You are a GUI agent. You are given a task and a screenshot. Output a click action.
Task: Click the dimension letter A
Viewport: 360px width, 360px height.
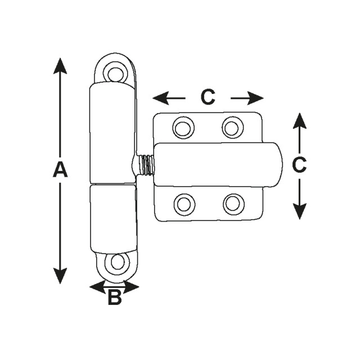[60, 169]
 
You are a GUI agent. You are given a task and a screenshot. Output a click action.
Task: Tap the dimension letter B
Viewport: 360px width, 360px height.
[115, 297]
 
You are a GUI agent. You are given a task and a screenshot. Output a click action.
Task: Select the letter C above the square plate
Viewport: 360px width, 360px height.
[208, 97]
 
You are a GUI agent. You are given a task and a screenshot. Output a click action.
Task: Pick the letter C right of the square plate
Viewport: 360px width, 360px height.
[299, 165]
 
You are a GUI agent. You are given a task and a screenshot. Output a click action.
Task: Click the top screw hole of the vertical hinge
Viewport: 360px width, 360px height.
[115, 73]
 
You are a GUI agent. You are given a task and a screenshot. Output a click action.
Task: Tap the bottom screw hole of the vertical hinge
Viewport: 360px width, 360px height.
[118, 262]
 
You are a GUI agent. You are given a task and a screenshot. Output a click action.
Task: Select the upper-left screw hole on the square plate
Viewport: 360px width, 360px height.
[184, 128]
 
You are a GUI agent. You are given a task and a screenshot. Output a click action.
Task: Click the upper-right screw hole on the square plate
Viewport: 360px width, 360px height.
[232, 127]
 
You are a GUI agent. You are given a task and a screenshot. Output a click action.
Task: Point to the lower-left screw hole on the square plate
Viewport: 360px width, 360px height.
[184, 204]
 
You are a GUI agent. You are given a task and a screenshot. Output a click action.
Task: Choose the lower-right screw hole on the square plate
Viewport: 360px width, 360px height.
[234, 204]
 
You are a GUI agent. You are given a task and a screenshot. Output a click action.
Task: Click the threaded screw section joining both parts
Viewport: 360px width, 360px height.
[146, 165]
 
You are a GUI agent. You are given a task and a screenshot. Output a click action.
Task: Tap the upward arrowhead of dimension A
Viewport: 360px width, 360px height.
[60, 66]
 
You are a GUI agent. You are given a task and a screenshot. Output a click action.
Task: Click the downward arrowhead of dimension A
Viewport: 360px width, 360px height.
[60, 276]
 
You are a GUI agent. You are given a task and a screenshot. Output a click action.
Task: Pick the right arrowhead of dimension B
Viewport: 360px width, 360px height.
[131, 287]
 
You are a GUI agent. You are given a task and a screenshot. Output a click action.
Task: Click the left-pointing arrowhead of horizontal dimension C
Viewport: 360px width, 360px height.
[161, 98]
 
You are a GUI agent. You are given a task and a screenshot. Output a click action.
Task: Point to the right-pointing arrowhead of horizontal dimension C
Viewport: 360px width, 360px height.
[255, 98]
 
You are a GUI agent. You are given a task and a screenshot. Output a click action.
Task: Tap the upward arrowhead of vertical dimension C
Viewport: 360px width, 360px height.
[300, 121]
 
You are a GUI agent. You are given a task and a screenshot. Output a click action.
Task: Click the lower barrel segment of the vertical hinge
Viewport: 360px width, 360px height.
[113, 219]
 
